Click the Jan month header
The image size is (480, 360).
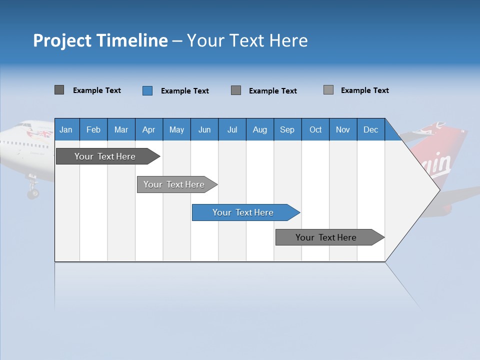(x=66, y=129)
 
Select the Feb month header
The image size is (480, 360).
(x=93, y=129)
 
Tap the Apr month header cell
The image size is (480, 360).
(x=149, y=129)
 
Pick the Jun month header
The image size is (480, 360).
(x=204, y=129)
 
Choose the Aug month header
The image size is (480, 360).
(x=260, y=129)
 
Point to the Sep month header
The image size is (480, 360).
(x=287, y=129)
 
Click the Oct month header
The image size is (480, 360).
(x=315, y=129)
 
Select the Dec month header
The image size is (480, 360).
(x=371, y=129)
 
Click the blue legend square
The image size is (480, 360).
(x=147, y=90)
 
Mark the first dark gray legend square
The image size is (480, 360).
(x=59, y=90)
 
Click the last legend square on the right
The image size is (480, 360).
(x=328, y=90)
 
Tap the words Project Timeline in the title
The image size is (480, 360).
(x=100, y=40)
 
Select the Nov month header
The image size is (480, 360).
(x=343, y=129)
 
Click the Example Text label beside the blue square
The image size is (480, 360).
(x=185, y=91)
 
